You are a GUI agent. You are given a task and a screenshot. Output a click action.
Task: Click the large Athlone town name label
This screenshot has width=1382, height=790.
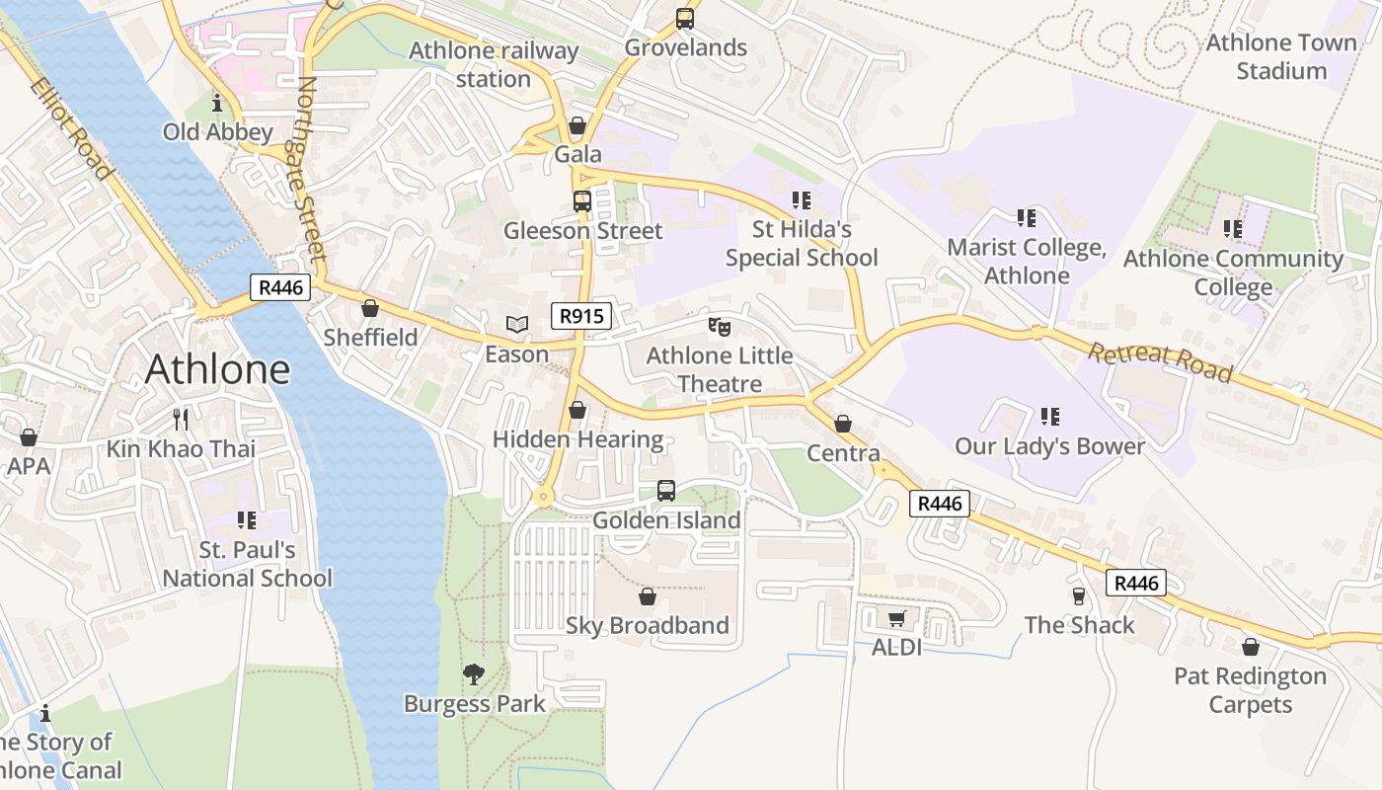pos(217,369)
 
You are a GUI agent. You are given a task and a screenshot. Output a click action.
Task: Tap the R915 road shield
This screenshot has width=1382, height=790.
pos(580,316)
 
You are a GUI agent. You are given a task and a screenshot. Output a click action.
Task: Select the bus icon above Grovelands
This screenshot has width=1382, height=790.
pos(684,18)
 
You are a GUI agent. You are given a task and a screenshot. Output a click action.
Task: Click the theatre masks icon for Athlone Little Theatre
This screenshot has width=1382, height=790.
pos(719,325)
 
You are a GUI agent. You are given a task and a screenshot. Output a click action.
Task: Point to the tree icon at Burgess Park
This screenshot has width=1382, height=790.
pos(474,674)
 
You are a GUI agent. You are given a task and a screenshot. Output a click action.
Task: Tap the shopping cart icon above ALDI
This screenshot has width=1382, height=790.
pos(896,618)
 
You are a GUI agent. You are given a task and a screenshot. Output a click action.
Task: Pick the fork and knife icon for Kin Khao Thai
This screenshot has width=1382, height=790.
pos(180,420)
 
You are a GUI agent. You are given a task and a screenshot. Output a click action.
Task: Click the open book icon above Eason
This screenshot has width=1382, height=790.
pos(516,324)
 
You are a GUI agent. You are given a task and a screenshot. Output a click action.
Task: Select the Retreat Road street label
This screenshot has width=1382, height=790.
pos(1161,361)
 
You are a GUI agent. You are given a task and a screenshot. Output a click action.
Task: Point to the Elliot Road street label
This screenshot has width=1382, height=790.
pos(71,128)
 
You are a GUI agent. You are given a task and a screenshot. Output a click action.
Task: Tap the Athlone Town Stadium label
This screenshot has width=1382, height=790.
pos(1281,56)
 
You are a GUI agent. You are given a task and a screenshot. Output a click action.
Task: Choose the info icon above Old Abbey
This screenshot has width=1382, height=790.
pos(217,103)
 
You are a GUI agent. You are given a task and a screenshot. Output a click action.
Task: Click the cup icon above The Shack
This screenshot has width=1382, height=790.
pos(1079,595)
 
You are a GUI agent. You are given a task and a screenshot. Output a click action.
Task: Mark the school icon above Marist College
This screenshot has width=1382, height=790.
pos(1026,217)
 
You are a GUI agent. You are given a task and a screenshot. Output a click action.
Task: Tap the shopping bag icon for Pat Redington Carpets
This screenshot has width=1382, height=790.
pos(1250,647)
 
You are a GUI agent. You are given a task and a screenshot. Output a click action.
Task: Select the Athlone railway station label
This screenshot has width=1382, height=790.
pos(494,64)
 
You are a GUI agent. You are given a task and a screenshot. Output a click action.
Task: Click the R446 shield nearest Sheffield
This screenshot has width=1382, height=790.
pos(280,287)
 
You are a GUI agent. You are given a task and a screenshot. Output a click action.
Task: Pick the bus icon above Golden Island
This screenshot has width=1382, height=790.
pos(665,491)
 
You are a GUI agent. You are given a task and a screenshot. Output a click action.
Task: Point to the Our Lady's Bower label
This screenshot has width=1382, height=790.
pos(1049,446)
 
